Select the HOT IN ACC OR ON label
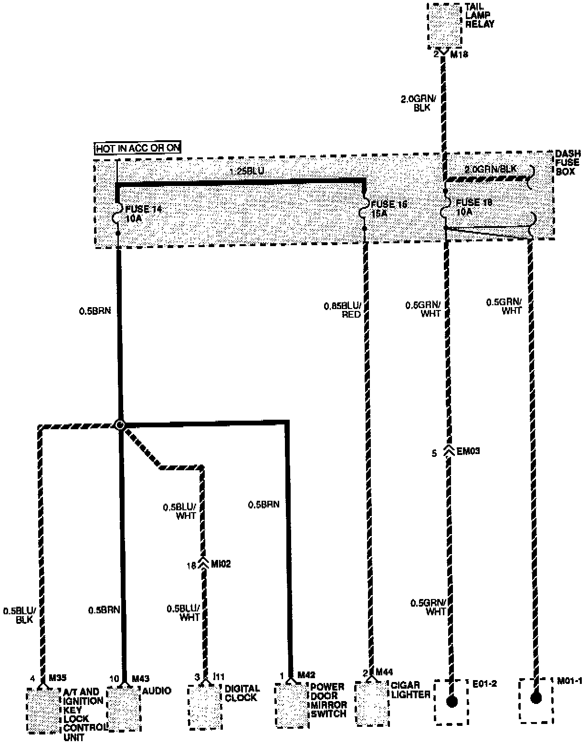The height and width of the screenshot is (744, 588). pos(138,148)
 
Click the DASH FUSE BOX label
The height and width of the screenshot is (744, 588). pos(568,162)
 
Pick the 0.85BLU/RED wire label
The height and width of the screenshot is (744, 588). pos(342,310)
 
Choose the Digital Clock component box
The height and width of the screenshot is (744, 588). pos(205,706)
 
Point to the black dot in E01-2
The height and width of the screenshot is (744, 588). pos(451,701)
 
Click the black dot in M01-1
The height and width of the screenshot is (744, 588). pos(536,698)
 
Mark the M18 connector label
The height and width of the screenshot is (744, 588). pos(460,55)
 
